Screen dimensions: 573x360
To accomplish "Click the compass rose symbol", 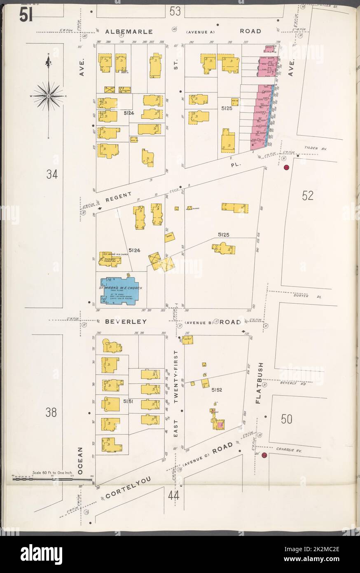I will pyautogui.click(x=49, y=96).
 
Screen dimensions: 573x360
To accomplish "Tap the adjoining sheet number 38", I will pyautogui.click(x=51, y=412).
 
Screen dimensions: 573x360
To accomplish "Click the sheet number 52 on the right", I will pyautogui.click(x=308, y=196).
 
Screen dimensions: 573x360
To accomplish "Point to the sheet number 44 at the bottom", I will pyautogui.click(x=174, y=496).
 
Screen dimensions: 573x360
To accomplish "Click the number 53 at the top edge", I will pyautogui.click(x=175, y=11).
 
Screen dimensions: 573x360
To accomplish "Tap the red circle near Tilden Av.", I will pyautogui.click(x=287, y=167).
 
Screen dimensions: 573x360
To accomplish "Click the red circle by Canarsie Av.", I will pyautogui.click(x=264, y=455).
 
